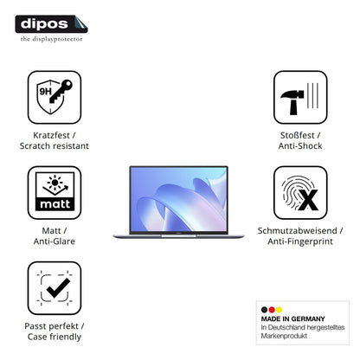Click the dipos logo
pyautogui.click(x=51, y=24)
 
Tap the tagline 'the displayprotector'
pyautogui.click(x=51, y=39)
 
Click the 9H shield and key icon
pyautogui.click(x=55, y=97)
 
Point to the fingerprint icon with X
pyautogui.click(x=300, y=192)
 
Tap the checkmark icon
pyautogui.click(x=55, y=288)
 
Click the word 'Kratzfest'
pyautogui.click(x=51, y=135)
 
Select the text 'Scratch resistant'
pyautogui.click(x=55, y=146)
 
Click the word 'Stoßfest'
pyautogui.click(x=297, y=135)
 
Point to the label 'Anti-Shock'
pyautogui.click(x=300, y=146)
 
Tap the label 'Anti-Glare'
pyautogui.click(x=55, y=241)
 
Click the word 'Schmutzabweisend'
pyautogui.click(x=297, y=230)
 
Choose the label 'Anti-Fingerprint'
pyautogui.click(x=300, y=241)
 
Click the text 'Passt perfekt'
pyautogui.click(x=51, y=326)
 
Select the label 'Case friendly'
pyautogui.click(x=55, y=337)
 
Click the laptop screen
pyautogui.click(x=179, y=199)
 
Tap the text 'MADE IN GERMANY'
pyautogui.click(x=292, y=318)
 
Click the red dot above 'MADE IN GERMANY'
pyautogui.click(x=272, y=310)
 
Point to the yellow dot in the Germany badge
pyautogui.click(x=279, y=310)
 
